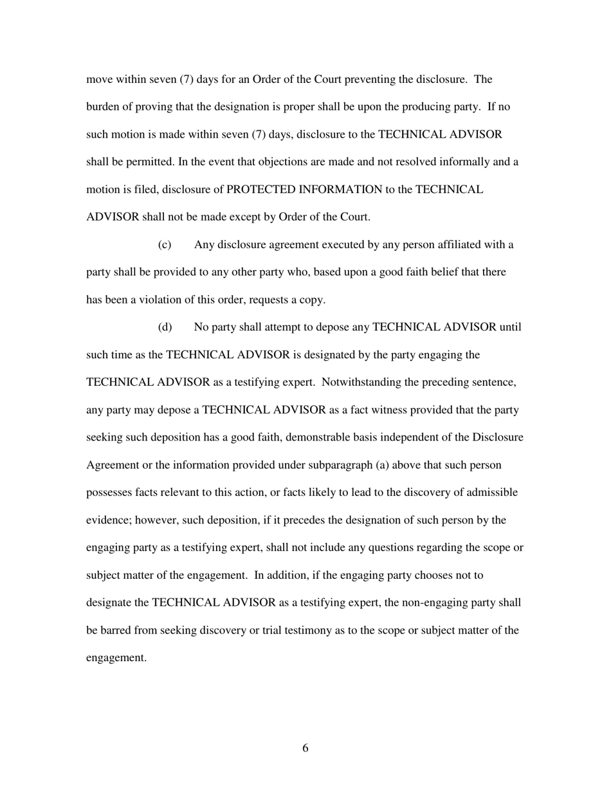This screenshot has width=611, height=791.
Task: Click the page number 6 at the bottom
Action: pyautogui.click(x=305, y=748)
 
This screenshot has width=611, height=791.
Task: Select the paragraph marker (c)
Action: pyautogui.click(x=165, y=245)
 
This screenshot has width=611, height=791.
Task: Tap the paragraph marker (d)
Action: pyautogui.click(x=165, y=327)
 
